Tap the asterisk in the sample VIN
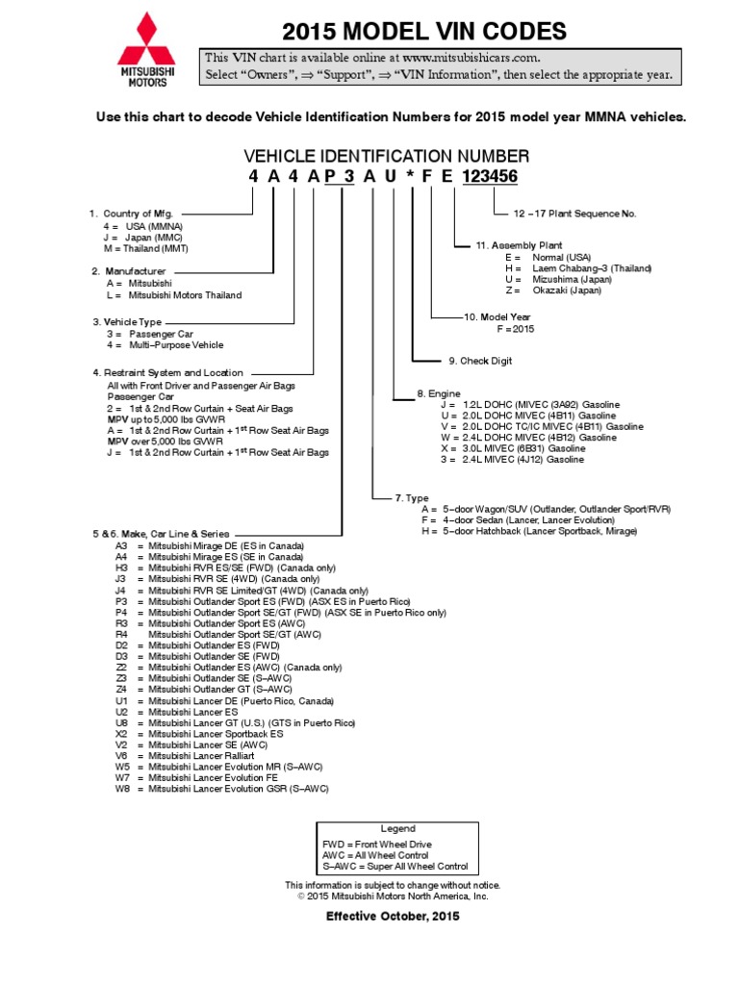[x=412, y=177]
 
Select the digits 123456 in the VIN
[x=490, y=177]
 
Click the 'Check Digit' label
[x=480, y=361]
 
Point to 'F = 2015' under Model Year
[x=515, y=329]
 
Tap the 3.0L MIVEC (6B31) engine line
[x=512, y=448]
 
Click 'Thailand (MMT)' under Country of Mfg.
[x=147, y=247]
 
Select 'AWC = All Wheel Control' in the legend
[x=376, y=855]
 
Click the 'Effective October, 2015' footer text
[x=393, y=916]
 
